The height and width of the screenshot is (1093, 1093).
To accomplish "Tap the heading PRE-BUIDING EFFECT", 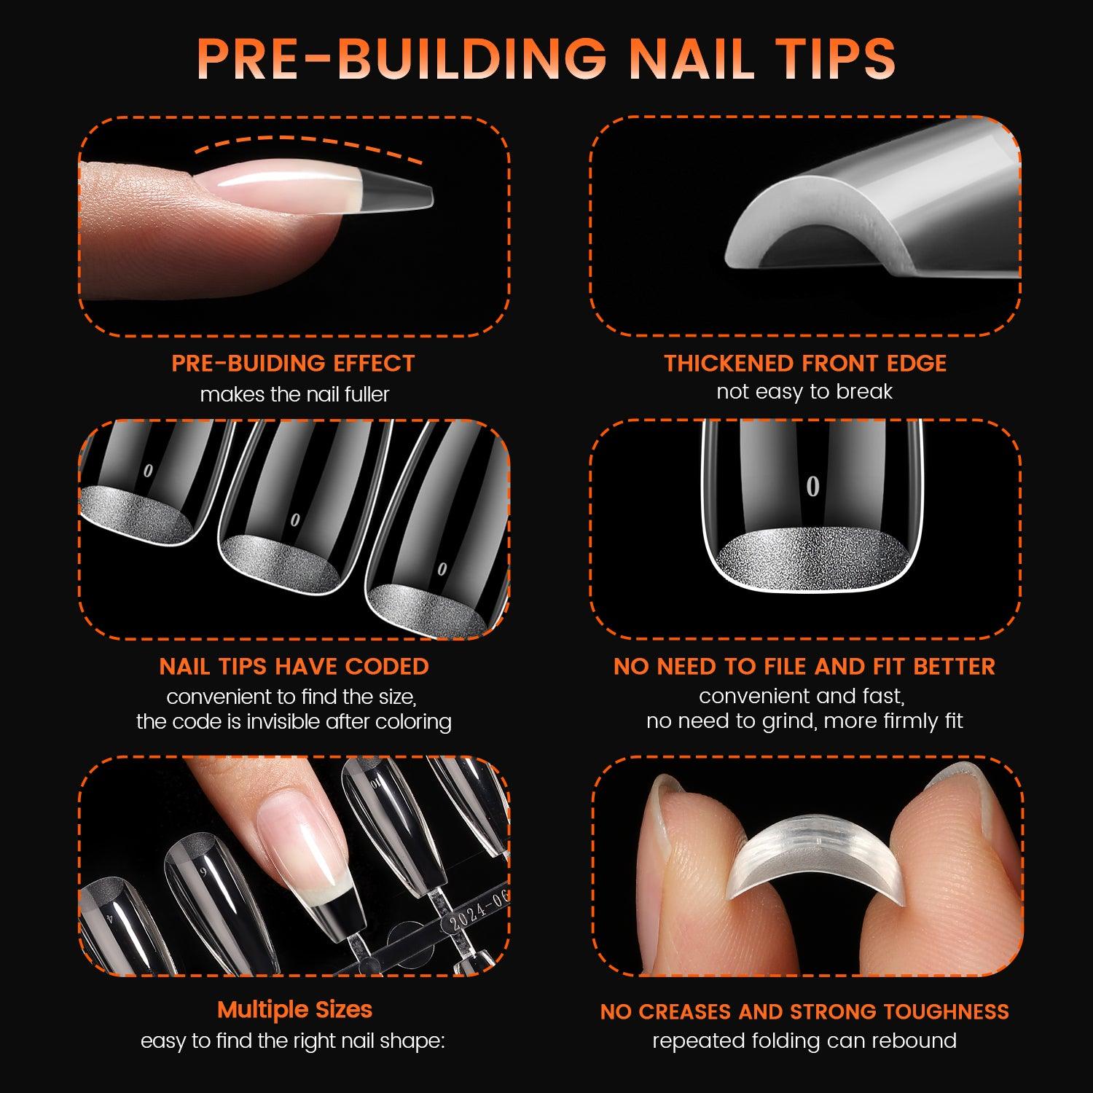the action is [x=293, y=363].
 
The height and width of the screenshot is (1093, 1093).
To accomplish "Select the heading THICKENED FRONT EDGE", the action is [x=805, y=363].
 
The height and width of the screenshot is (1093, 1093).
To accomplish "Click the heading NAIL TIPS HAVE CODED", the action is [x=294, y=666].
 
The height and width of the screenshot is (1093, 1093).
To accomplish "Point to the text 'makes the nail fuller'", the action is [x=294, y=394].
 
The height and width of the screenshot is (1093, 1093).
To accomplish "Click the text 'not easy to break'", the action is [x=804, y=392].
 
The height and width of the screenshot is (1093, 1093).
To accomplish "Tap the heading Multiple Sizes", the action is [x=294, y=1009].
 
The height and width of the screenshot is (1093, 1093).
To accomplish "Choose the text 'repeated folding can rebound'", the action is [x=804, y=1041].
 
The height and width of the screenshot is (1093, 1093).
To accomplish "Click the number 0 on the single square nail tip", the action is [x=812, y=486].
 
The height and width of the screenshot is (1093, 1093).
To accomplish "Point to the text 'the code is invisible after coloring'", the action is [x=294, y=721].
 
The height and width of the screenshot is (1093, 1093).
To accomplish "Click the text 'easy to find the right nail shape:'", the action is [x=293, y=1041].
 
